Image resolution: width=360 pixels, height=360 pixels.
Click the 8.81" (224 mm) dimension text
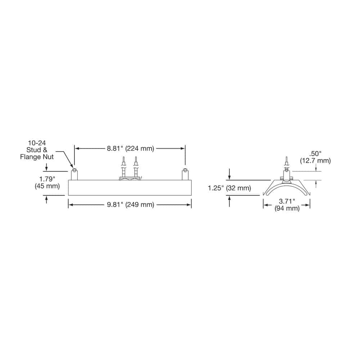tap(130, 149)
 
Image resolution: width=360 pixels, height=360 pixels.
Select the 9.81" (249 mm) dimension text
tap(130, 204)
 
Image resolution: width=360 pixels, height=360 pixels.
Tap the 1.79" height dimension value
tap(47, 179)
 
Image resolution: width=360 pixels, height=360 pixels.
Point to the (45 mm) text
tap(47, 186)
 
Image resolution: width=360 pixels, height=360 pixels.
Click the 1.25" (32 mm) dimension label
tap(229, 188)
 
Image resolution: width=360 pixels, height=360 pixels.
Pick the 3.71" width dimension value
tap(287, 201)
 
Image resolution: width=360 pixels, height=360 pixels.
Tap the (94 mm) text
tap(287, 208)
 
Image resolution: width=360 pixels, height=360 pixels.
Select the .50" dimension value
tap(315, 154)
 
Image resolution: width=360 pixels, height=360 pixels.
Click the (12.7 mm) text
tap(315, 161)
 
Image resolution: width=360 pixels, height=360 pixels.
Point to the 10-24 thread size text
tap(37, 143)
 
